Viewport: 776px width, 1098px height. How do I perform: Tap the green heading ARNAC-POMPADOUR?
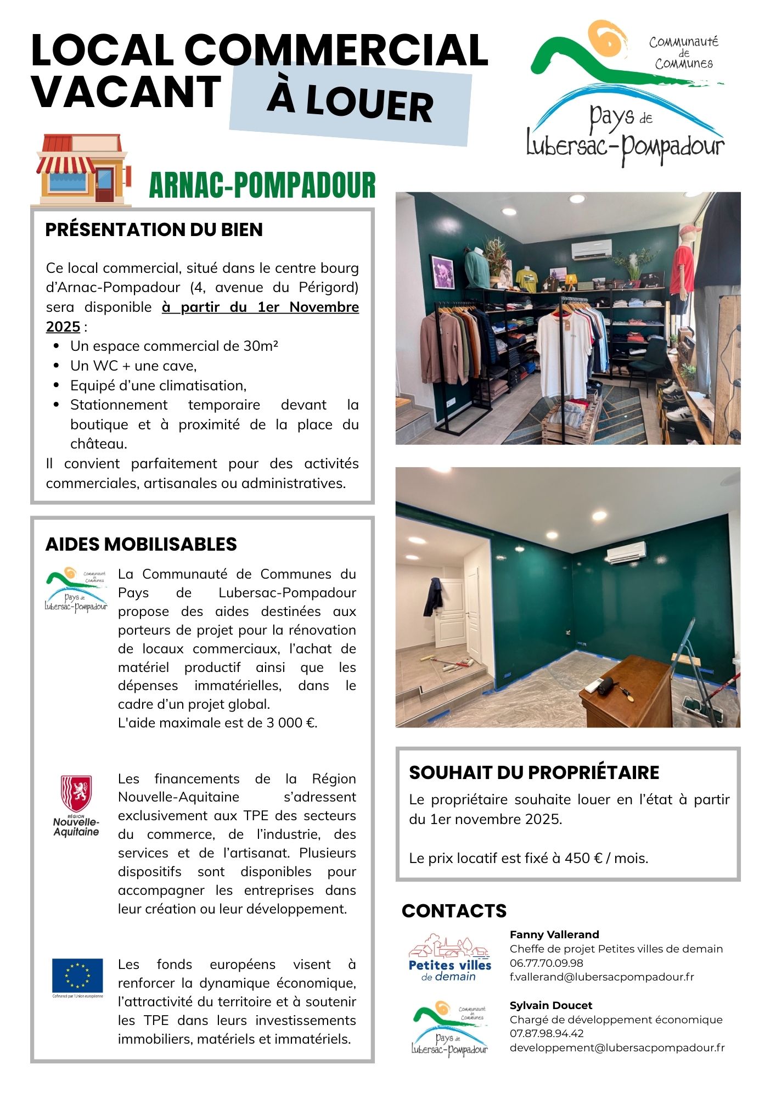pyautogui.click(x=262, y=185)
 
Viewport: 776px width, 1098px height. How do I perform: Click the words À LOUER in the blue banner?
pyautogui.click(x=350, y=103)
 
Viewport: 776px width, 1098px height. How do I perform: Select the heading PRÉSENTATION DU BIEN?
pyautogui.click(x=154, y=229)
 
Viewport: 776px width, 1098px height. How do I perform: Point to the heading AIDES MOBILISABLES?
pyautogui.click(x=141, y=544)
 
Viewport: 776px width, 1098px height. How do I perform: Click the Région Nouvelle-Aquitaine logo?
pyautogui.click(x=76, y=805)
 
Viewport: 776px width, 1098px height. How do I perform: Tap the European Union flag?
pyautogui.click(x=77, y=974)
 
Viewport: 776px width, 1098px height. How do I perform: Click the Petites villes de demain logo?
pyautogui.click(x=449, y=958)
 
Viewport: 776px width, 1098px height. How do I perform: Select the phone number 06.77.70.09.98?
pyautogui.click(x=546, y=963)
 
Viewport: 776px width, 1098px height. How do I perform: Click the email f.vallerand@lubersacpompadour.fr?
pyautogui.click(x=601, y=977)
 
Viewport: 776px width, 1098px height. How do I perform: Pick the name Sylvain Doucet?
pyautogui.click(x=550, y=1005)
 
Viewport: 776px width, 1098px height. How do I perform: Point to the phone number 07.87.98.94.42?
pyautogui.click(x=546, y=1033)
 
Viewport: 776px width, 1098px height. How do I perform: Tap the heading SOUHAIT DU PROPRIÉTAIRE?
pyautogui.click(x=534, y=772)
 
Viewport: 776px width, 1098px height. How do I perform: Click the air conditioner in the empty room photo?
pyautogui.click(x=626, y=552)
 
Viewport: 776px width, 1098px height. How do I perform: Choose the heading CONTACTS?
pyautogui.click(x=454, y=911)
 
